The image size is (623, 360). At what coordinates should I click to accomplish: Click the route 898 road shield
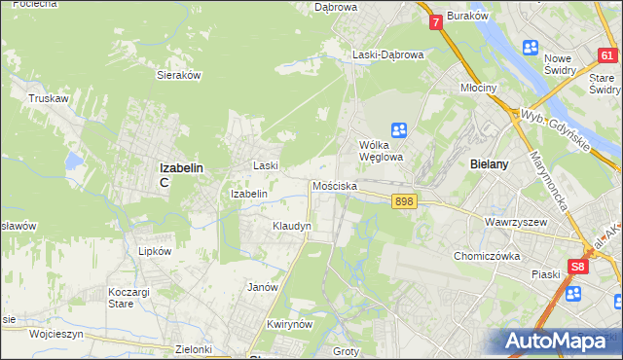tap(406, 201)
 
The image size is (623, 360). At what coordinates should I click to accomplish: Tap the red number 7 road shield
tap(435, 20)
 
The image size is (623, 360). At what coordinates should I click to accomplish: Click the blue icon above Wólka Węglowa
tap(398, 129)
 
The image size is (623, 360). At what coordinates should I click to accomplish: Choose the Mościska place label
tap(335, 186)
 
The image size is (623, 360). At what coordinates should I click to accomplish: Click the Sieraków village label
tap(178, 74)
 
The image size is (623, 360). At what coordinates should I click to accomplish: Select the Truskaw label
tap(47, 98)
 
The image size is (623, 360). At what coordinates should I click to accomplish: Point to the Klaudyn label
tap(291, 226)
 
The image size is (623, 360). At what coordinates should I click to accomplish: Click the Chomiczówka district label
tap(489, 256)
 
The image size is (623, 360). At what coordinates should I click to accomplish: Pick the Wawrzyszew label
tap(512, 222)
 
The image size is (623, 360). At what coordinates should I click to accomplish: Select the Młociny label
tap(479, 88)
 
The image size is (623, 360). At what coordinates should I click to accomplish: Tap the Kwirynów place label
tap(287, 323)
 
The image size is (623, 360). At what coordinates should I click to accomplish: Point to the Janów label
tap(263, 287)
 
